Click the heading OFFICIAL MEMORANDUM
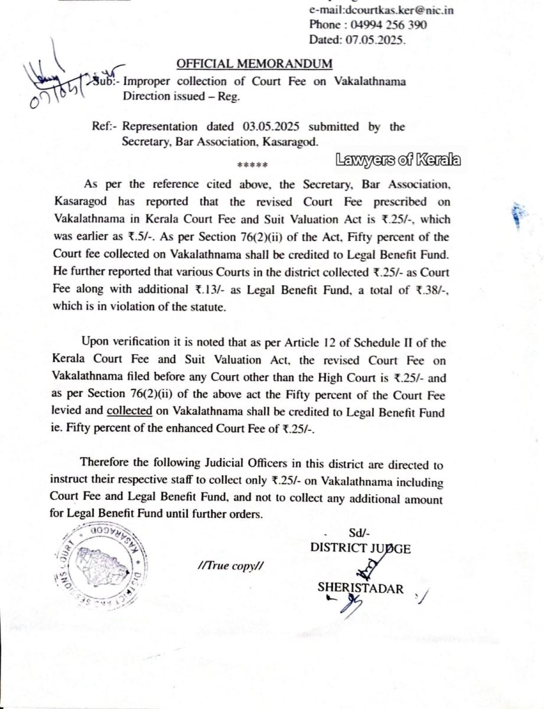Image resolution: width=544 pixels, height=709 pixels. coord(255,64)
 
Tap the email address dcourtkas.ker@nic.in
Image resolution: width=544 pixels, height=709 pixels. coord(382,10)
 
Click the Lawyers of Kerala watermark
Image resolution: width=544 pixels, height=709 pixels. coord(398,160)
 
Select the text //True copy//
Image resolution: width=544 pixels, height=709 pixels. coord(231,565)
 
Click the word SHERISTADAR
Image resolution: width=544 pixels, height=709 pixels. coord(361,588)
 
